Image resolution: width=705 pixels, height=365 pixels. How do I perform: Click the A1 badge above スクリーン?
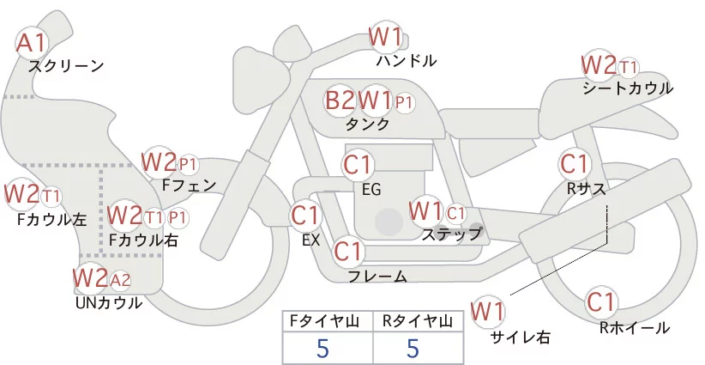[33, 41]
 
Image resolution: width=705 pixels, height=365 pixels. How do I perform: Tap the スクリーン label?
[66, 65]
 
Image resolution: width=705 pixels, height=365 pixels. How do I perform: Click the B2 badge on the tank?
[340, 100]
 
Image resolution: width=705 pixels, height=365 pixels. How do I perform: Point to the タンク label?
[367, 124]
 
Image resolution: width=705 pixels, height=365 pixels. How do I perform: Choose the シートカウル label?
[627, 88]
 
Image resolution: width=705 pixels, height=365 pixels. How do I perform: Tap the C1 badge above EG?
[358, 163]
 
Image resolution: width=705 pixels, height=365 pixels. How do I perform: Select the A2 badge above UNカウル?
[120, 278]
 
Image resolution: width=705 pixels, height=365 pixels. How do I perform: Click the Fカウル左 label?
[51, 219]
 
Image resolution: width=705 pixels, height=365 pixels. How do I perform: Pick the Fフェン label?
[189, 184]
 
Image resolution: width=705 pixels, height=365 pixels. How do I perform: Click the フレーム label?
[377, 276]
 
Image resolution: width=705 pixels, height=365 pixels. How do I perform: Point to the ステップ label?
[451, 233]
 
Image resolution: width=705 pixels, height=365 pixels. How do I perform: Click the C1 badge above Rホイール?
[601, 302]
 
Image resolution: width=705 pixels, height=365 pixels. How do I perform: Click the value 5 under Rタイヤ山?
[413, 349]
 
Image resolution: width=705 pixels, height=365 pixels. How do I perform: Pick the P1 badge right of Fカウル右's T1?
[178, 216]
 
